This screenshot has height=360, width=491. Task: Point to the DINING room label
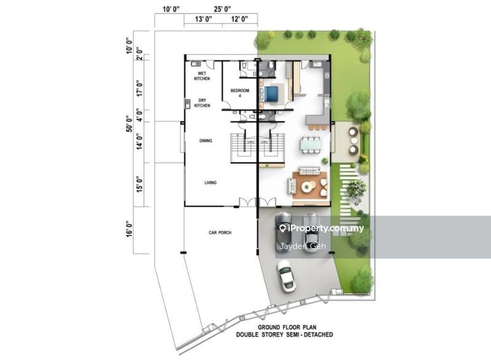(206, 141)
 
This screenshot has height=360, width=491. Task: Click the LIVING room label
(211, 183)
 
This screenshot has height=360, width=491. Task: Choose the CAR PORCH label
(220, 232)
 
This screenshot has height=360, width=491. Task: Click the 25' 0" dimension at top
(222, 9)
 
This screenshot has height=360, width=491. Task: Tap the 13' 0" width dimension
(203, 20)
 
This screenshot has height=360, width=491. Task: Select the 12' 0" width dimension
(239, 20)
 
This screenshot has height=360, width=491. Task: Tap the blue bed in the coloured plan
(271, 93)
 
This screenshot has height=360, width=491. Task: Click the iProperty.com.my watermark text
(325, 229)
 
